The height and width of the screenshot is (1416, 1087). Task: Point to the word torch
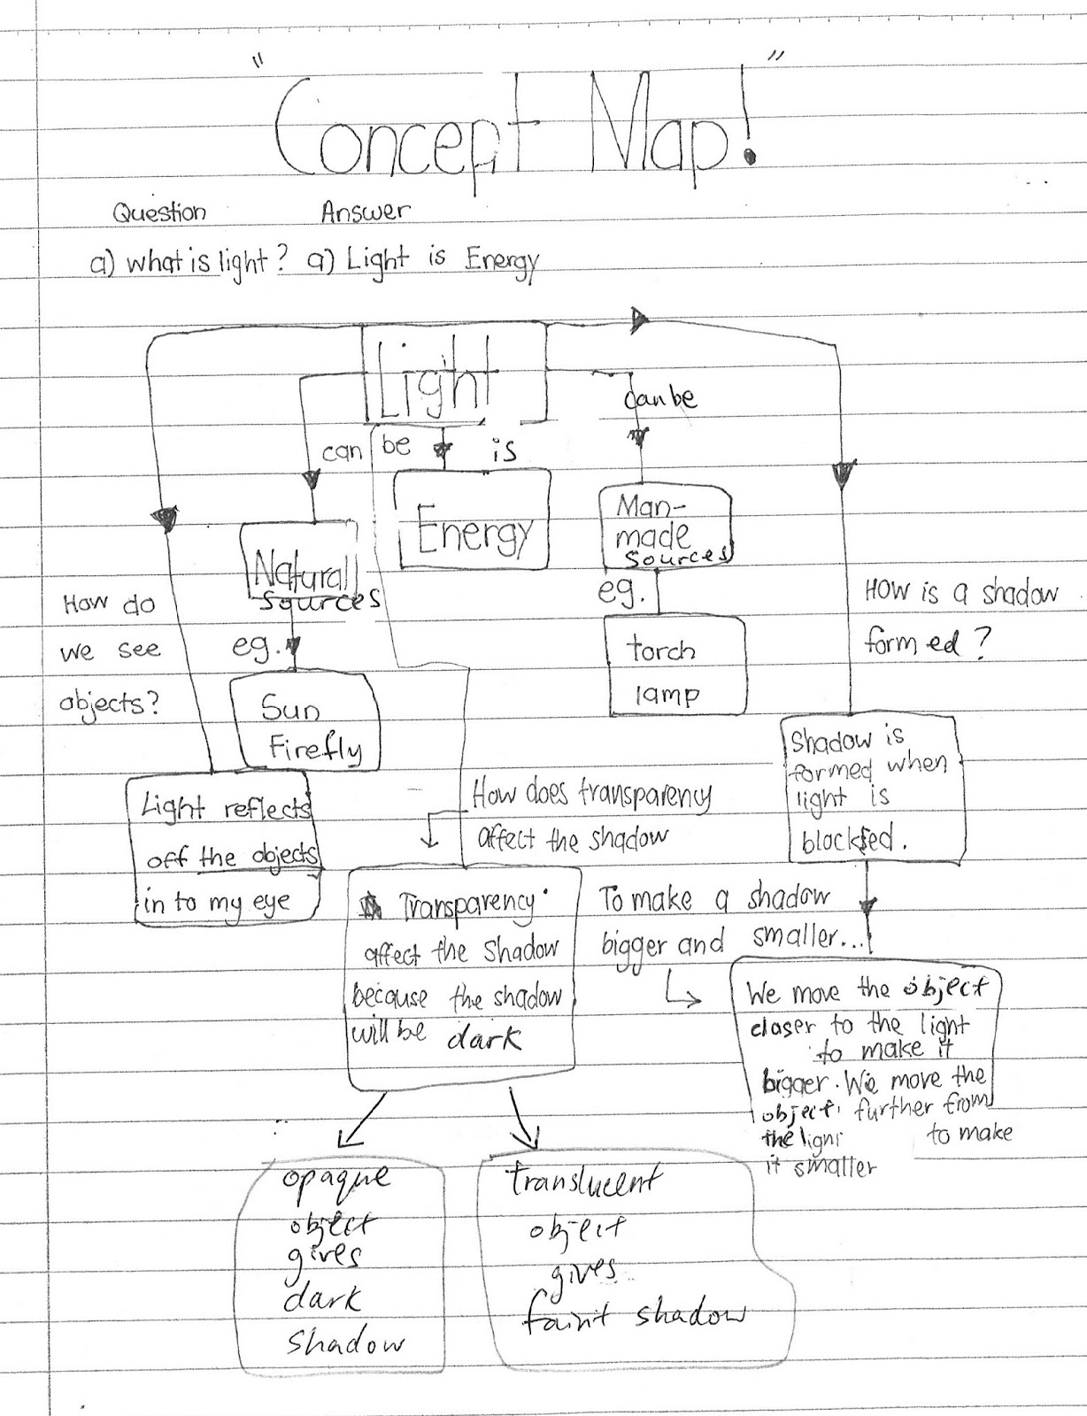point(661,650)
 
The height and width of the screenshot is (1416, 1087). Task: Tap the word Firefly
point(315,750)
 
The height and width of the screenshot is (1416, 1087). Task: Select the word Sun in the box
point(290,708)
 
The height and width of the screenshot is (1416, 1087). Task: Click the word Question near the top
point(159,213)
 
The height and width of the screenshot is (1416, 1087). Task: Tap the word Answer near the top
point(366,212)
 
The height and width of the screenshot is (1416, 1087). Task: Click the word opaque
point(335,1178)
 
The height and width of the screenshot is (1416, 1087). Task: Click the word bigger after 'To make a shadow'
point(634,945)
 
